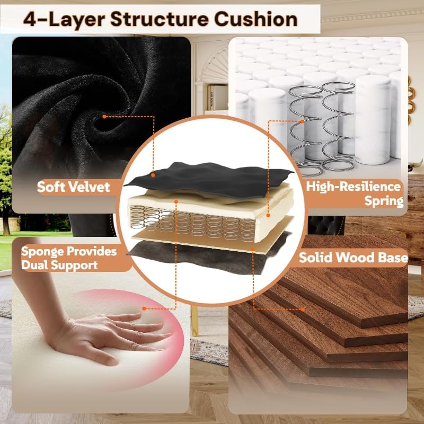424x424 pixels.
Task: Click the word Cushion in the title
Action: click(256, 20)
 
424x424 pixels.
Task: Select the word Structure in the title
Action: click(160, 20)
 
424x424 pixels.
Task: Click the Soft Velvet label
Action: click(74, 187)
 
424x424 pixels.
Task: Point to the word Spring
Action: click(384, 201)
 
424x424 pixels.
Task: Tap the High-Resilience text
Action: click(354, 187)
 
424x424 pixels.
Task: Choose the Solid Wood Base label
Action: click(353, 257)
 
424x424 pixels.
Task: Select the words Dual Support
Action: click(59, 265)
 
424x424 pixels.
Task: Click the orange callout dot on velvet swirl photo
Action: click(104, 117)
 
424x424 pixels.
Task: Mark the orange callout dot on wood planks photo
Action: click(303, 310)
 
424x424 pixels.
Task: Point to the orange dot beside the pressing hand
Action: click(144, 308)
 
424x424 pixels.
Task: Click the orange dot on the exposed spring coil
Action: click(302, 121)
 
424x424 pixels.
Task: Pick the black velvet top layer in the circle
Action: click(208, 179)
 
